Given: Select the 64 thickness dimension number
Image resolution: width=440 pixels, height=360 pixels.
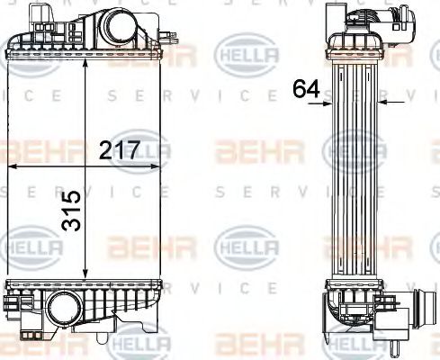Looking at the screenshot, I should [x=305, y=88].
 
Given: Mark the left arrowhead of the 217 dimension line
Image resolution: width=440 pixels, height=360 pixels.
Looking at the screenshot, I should [x=13, y=166].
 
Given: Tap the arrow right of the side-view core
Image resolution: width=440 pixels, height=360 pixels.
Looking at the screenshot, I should [x=383, y=103].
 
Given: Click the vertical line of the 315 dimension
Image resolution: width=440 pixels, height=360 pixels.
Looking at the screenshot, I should [x=86, y=171].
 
